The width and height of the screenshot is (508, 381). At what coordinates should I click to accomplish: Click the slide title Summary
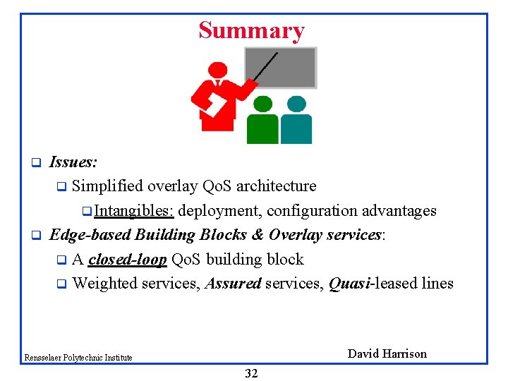tap(251, 30)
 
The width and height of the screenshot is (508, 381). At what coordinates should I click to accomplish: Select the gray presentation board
tap(281, 68)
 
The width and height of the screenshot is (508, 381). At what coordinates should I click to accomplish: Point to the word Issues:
tap(73, 162)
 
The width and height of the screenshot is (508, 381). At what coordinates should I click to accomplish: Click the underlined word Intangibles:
tap(134, 211)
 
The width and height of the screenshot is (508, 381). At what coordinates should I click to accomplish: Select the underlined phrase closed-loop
tap(128, 260)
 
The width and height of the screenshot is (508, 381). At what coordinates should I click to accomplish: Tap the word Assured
tap(233, 284)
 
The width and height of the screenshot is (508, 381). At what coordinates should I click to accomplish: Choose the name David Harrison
tap(387, 353)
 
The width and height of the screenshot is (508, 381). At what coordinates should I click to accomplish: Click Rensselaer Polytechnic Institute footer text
tap(78, 358)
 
